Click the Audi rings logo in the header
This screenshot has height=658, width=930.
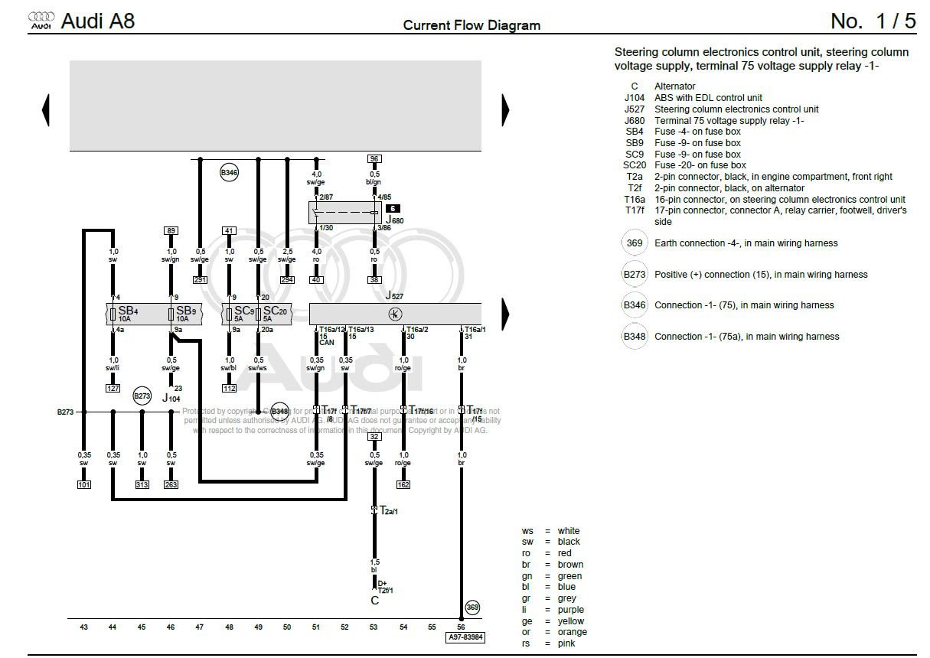[x=41, y=21]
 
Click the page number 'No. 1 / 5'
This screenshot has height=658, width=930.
[x=873, y=21]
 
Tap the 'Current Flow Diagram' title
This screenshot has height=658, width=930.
[x=472, y=25]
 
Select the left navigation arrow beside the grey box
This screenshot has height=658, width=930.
[x=46, y=110]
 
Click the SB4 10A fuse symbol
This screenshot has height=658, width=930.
[x=113, y=314]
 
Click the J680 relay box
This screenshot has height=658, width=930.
[x=344, y=213]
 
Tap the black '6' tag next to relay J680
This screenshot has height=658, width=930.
[x=392, y=208]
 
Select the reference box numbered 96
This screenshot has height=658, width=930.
[x=374, y=159]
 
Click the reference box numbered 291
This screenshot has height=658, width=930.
[x=200, y=280]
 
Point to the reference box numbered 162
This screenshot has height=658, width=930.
[x=403, y=484]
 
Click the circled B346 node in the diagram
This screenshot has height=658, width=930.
[x=229, y=173]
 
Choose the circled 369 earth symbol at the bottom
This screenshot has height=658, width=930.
[x=472, y=608]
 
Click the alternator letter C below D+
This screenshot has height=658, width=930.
[x=374, y=601]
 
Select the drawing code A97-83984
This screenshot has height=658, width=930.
[x=465, y=637]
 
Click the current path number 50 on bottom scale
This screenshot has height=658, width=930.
[x=287, y=627]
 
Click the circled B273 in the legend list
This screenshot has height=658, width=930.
[x=634, y=275]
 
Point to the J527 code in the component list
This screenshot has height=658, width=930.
[x=635, y=109]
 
